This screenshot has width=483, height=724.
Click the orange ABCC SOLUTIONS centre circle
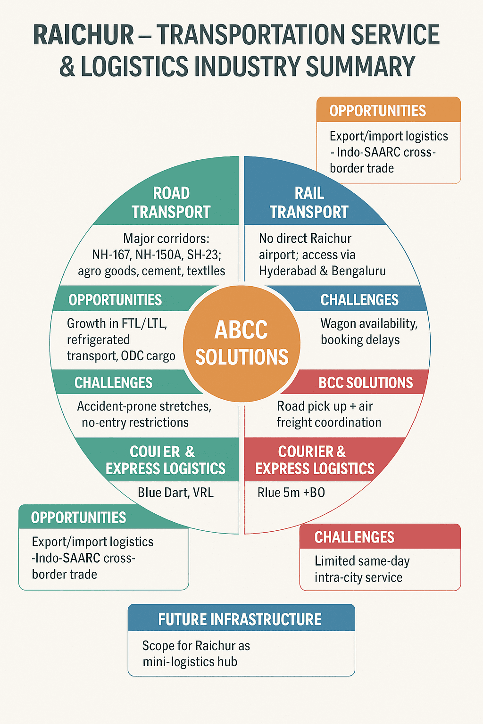pyautogui.click(x=241, y=343)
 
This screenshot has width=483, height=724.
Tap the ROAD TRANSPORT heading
pyautogui.click(x=171, y=203)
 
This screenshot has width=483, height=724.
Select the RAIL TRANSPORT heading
pyautogui.click(x=309, y=203)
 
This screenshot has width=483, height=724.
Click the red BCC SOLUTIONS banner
pyautogui.click(x=365, y=382)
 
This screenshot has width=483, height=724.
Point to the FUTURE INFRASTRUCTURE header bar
pyautogui.click(x=240, y=619)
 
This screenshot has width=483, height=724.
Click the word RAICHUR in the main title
pyautogui.click(x=84, y=35)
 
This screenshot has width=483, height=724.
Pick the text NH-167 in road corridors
pyautogui.click(x=111, y=255)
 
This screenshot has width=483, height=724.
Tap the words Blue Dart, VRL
pyautogui.click(x=175, y=493)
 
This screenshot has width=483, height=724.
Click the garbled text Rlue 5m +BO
pyautogui.click(x=291, y=493)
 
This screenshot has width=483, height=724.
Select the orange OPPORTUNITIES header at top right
pyautogui.click(x=377, y=111)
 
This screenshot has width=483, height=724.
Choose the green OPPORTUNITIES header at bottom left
pyautogui.click(x=79, y=518)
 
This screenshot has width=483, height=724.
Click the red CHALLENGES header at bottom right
pyautogui.click(x=354, y=537)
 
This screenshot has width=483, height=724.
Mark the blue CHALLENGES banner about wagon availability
pyautogui.click(x=359, y=300)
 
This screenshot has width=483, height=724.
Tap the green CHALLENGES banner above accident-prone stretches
pyautogui.click(x=114, y=382)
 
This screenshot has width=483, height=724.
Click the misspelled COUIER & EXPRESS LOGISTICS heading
pyautogui.click(x=165, y=460)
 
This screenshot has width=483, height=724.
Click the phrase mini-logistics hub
pyautogui.click(x=190, y=662)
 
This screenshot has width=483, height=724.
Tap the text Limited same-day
pyautogui.click(x=362, y=561)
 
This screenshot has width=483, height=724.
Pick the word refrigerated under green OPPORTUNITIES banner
pyautogui.click(x=98, y=340)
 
